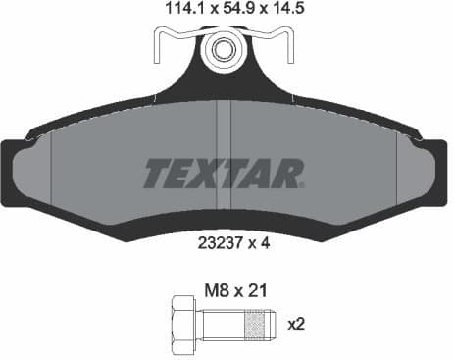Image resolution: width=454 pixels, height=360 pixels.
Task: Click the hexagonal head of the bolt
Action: pos(181,321)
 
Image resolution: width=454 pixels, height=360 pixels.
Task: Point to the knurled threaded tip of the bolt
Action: pos(257,321)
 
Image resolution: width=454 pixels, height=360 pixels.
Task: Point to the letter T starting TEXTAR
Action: pos(160,174)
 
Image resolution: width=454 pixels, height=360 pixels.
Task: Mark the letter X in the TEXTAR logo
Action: pos(210,174)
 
